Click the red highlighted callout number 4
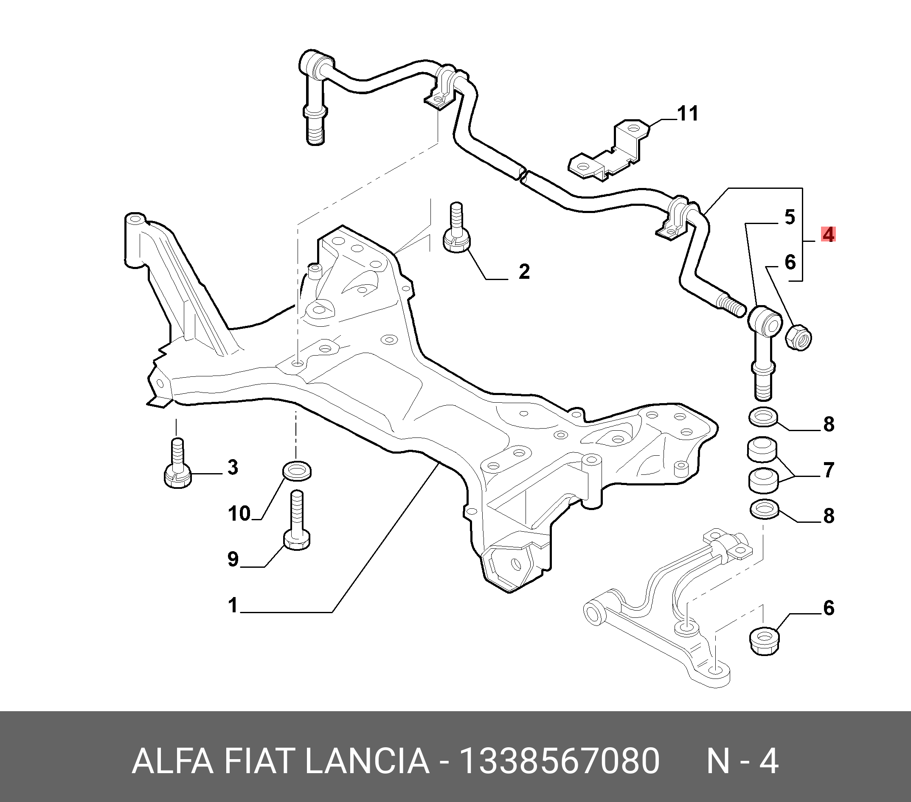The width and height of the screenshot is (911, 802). point(829,234)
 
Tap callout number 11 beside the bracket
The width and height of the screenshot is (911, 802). point(687,114)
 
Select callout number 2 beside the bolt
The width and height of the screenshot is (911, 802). point(524,271)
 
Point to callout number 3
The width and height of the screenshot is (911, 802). point(233,467)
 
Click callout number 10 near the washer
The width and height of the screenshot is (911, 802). point(239,514)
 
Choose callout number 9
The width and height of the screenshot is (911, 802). point(233,559)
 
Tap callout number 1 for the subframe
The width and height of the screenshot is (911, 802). point(233,606)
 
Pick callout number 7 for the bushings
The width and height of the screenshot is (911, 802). point(829,470)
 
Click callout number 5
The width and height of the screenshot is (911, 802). point(789,217)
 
